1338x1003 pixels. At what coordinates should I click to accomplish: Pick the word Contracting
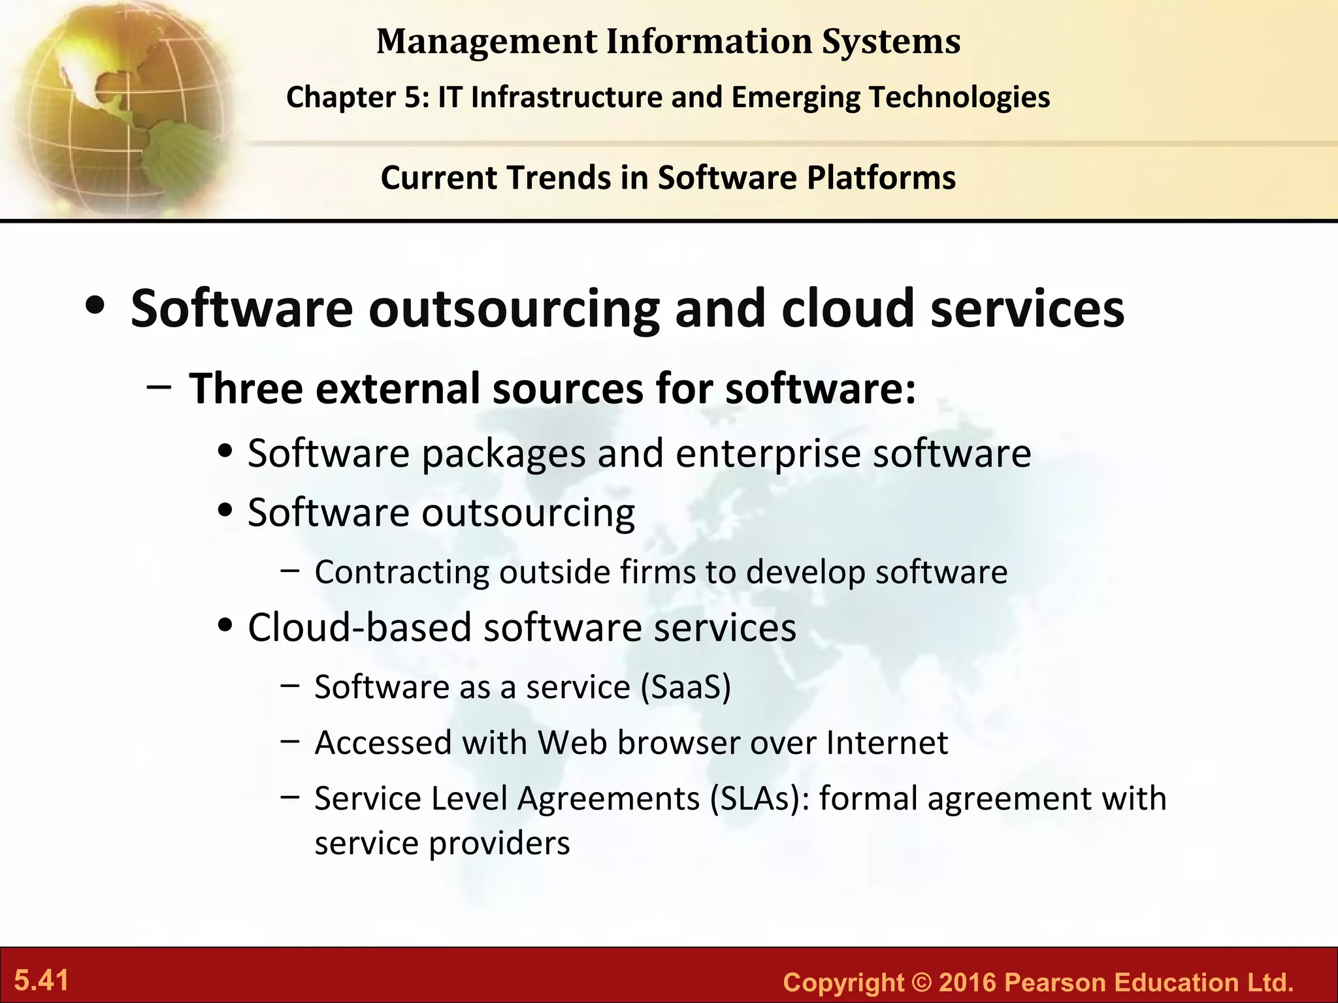point(401,572)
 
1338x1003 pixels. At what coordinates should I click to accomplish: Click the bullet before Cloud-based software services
point(226,626)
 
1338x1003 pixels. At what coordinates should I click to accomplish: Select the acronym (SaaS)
point(685,687)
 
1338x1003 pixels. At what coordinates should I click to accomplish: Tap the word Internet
point(887,743)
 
